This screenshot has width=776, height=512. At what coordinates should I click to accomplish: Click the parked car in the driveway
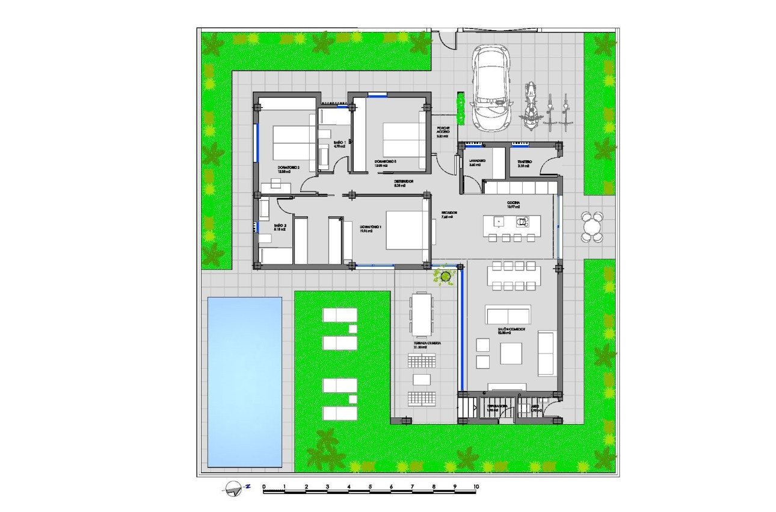[x=491, y=87]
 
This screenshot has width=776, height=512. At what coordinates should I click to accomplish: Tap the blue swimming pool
[x=244, y=382]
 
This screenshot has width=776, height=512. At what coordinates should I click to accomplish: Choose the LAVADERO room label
[x=478, y=162]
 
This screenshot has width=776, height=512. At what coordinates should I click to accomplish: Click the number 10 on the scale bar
[x=475, y=486]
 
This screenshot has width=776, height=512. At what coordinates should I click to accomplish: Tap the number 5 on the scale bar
[x=370, y=486]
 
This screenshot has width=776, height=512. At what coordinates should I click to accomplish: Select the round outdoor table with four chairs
[x=592, y=226]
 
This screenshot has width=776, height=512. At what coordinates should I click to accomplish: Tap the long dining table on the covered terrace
[x=421, y=313]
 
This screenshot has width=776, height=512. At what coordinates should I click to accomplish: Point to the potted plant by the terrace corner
[x=445, y=276]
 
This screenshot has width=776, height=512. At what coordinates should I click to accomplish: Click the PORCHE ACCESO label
[x=443, y=133]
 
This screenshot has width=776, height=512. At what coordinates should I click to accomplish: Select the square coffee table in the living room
[x=511, y=353]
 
